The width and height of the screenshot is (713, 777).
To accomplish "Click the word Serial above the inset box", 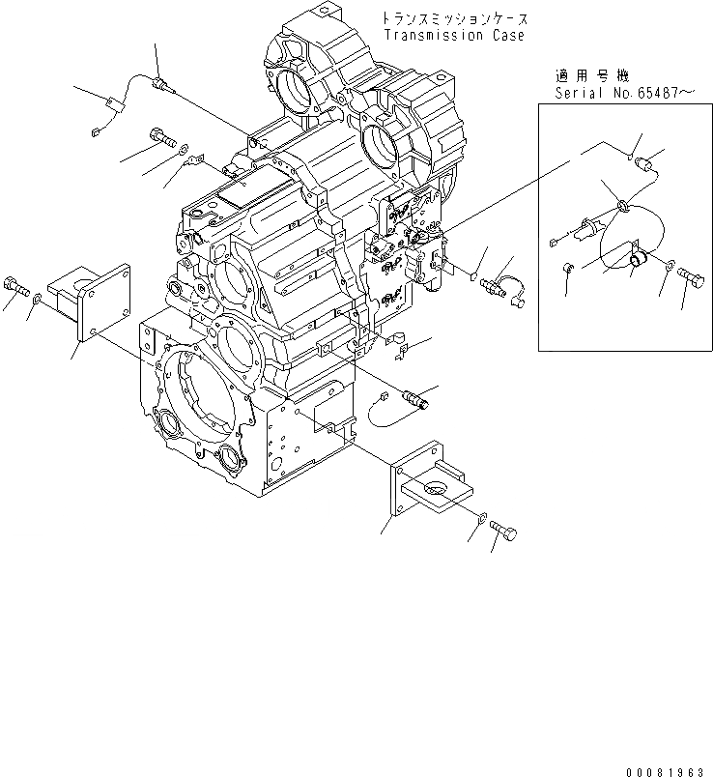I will (x=578, y=93).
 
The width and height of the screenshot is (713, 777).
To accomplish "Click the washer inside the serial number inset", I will (x=670, y=263).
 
